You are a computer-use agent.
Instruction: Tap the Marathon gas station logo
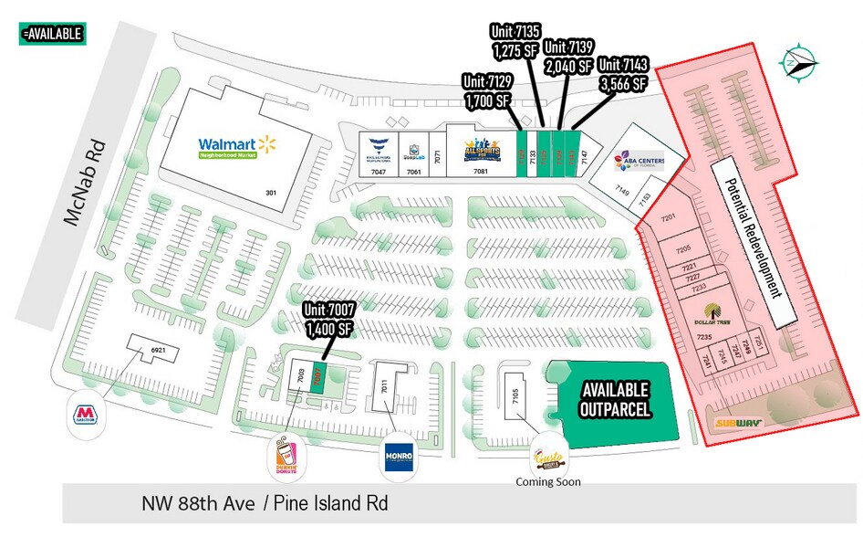point(86,414)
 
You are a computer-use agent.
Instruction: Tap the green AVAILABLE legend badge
point(51,34)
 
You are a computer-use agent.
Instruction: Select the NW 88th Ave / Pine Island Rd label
point(270,503)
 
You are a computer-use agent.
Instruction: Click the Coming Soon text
point(548,481)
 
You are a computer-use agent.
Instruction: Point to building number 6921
point(158,350)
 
